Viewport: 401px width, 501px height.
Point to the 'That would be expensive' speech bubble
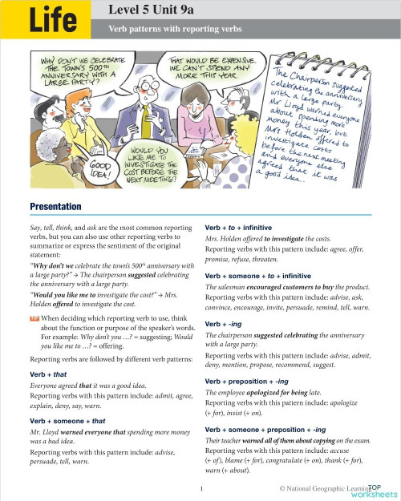coord(202,68)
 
